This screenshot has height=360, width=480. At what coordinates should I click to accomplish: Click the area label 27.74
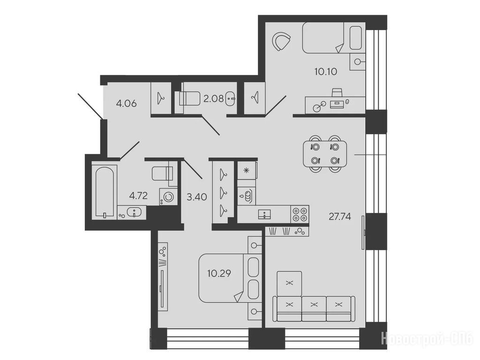[340, 217]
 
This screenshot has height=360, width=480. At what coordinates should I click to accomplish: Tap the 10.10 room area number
[326, 72]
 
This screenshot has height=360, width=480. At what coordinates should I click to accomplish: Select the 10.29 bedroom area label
[219, 273]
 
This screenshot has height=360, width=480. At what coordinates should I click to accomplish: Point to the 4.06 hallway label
[126, 104]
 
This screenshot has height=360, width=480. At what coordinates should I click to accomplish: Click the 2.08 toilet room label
[213, 99]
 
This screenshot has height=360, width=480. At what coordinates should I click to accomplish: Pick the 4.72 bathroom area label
[138, 195]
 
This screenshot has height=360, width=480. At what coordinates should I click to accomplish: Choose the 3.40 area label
[197, 196]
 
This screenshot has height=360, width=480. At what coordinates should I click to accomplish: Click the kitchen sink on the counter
[264, 214]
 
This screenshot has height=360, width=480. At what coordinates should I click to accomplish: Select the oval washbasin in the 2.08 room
[231, 99]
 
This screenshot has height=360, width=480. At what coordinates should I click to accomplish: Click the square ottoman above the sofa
[289, 284]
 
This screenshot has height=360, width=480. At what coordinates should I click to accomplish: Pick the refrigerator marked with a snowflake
[247, 170]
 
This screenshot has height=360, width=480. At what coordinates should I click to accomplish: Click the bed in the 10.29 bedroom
[230, 278]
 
